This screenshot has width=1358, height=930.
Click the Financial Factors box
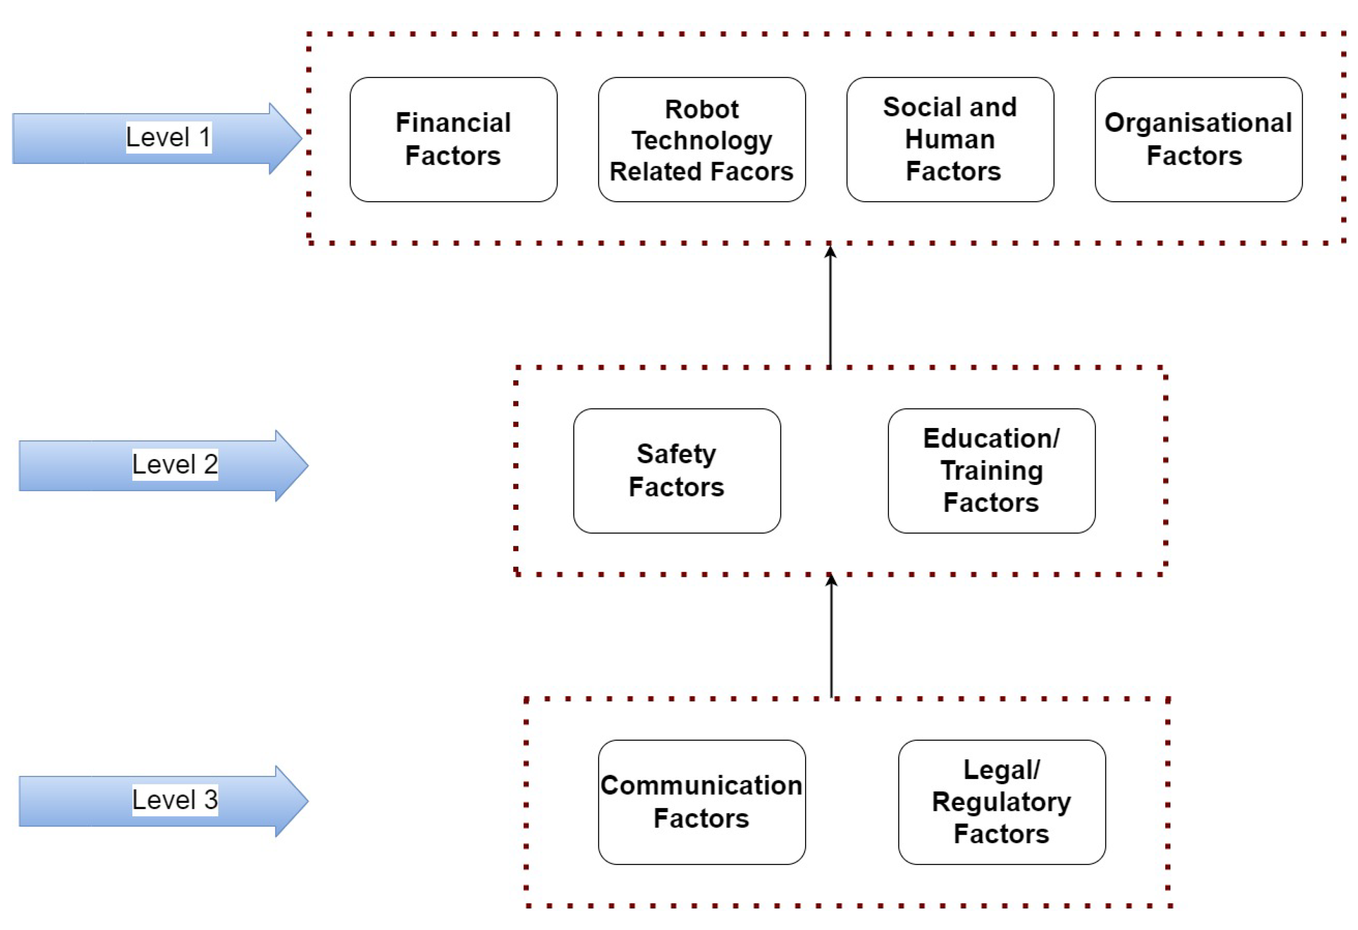pyautogui.click(x=453, y=139)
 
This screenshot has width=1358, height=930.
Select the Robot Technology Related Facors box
pyautogui.click(x=701, y=139)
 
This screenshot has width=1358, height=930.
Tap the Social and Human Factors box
pyautogui.click(x=950, y=139)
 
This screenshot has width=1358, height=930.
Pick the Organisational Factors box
pyautogui.click(x=1198, y=139)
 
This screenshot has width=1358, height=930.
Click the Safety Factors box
pyautogui.click(x=677, y=470)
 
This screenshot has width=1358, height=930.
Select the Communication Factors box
pyautogui.click(x=701, y=802)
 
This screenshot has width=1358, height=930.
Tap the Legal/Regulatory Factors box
pyautogui.click(x=1002, y=802)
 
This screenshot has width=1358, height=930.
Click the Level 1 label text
pyautogui.click(x=168, y=137)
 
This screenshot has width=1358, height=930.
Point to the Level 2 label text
pyautogui.click(x=175, y=465)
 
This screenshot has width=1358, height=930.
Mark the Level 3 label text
pyautogui.click(x=175, y=800)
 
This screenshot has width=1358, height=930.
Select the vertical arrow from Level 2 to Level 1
pyautogui.click(x=830, y=307)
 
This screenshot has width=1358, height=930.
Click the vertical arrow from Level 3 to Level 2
pyautogui.click(x=831, y=637)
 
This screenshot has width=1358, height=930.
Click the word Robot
pyautogui.click(x=701, y=109)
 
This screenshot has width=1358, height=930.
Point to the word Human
pyautogui.click(x=950, y=139)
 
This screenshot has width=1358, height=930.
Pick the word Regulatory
pyautogui.click(x=1001, y=802)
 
